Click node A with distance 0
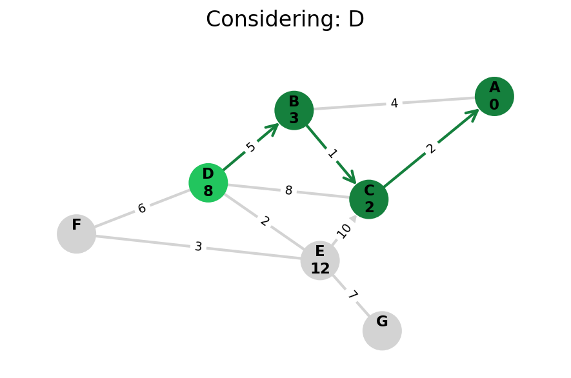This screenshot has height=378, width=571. point(494,96)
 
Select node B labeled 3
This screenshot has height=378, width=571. point(294,110)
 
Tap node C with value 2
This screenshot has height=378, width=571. point(368,199)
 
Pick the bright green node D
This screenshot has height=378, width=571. point(208,183)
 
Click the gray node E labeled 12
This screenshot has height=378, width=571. point(320,261)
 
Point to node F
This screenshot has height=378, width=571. point(76,234)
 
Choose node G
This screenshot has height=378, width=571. point(382,330)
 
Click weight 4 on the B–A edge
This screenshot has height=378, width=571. point(394,103)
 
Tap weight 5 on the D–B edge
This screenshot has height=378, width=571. point(251,147)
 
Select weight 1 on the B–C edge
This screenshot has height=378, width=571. point(332,154)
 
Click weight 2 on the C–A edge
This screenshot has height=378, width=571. point(431,148)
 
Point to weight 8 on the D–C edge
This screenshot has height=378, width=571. point(288,191)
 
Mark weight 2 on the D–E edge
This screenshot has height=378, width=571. point(265,221)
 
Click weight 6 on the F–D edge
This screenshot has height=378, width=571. point(142,208)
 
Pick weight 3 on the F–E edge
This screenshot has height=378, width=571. point(198,246)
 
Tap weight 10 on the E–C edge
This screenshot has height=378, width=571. point(344,230)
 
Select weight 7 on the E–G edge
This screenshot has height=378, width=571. point(352,295)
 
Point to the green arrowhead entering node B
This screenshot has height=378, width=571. point(274,128)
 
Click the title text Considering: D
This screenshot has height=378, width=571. point(285,19)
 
